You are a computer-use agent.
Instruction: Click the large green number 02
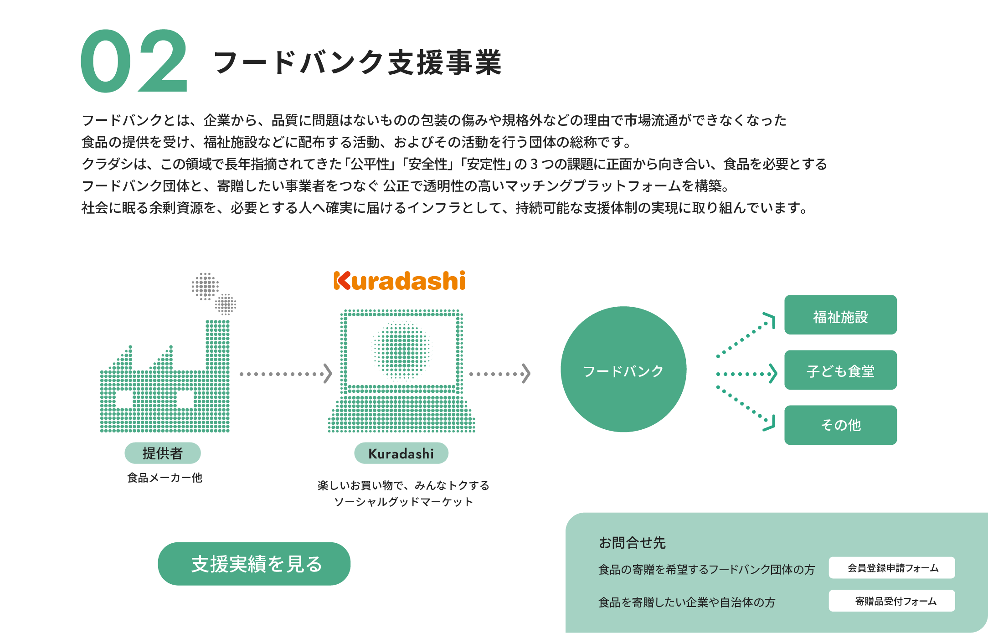coord(134,62)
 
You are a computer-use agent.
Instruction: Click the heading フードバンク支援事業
coord(358,62)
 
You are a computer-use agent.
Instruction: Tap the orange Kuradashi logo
coord(400,281)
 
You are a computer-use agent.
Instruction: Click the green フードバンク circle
coord(623,369)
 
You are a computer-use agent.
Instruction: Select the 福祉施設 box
coord(840,315)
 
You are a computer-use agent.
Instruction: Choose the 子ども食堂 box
coord(840,370)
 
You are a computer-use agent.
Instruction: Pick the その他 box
coord(840,425)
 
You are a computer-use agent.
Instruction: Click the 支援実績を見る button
coord(254,564)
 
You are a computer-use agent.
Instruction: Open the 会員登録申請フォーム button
coord(892,568)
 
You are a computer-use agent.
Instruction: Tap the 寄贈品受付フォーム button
coord(892,601)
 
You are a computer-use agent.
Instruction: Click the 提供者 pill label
coord(163,453)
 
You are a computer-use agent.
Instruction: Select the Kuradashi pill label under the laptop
coord(401,453)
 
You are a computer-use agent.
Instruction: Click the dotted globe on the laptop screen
coord(401,350)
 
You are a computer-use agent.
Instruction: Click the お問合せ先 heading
coord(632,543)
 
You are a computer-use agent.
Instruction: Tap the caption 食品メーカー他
coord(165,478)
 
